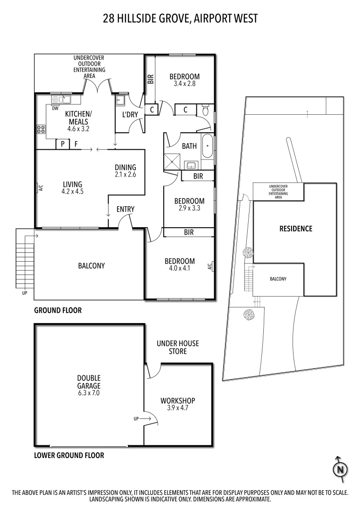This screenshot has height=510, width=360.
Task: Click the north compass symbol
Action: click(339, 469)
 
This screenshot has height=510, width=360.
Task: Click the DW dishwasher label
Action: click(55, 108)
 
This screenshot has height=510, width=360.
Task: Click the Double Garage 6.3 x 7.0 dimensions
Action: click(89, 392)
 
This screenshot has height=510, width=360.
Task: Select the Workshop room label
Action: click(177, 400)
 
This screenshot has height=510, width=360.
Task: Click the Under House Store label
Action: click(178, 347)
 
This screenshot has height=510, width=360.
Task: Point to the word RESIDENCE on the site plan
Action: click(296, 229)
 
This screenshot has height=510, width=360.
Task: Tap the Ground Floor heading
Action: click(58, 310)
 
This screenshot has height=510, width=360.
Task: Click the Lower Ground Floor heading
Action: click(69, 455)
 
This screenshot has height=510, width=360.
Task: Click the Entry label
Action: click(126, 209)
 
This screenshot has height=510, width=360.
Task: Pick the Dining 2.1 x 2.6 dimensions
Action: click(125, 174)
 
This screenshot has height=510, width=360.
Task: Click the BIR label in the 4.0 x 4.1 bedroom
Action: click(189, 232)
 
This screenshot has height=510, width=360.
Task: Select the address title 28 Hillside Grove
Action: click(180, 18)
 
